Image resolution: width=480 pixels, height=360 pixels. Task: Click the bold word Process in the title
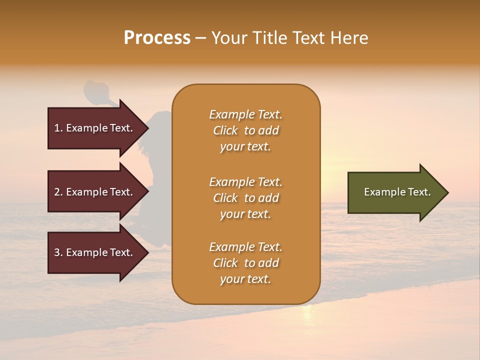[x=157, y=38]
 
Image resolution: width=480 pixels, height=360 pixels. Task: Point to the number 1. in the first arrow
[x=58, y=128]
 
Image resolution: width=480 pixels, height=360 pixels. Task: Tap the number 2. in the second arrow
[x=58, y=192]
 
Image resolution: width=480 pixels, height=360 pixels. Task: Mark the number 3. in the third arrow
[x=58, y=252]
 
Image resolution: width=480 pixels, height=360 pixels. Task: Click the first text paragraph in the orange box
[x=245, y=130]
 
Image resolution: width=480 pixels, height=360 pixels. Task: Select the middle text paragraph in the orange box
[x=245, y=198]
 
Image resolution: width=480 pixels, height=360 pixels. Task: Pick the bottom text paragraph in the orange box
[x=245, y=263]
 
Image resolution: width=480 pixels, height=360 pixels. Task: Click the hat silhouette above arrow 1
[x=96, y=90]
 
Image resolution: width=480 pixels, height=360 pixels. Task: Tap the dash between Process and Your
[x=201, y=38]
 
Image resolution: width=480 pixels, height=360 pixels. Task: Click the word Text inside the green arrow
[x=420, y=192]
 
